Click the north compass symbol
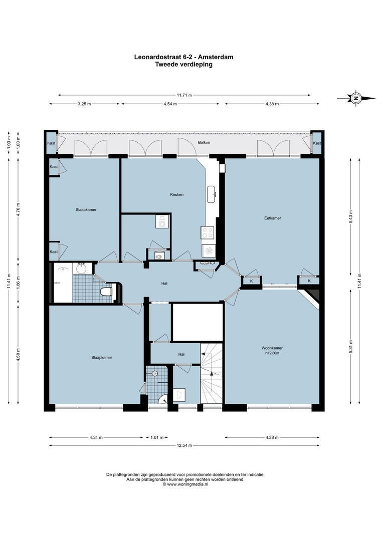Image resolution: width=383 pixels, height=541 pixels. pyautogui.click(x=356, y=98)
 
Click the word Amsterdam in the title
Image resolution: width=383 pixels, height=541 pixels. pyautogui.click(x=217, y=57)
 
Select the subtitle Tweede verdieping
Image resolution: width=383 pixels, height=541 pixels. pyautogui.click(x=183, y=64)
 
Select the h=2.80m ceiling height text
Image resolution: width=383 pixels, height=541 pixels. pyautogui.click(x=272, y=354)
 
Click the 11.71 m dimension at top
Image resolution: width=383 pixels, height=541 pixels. pyautogui.click(x=183, y=95)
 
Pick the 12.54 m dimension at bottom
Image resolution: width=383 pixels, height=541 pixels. pyautogui.click(x=183, y=445)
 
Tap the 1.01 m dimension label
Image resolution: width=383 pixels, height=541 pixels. pyautogui.click(x=157, y=437)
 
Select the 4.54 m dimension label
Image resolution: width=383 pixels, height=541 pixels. pyautogui.click(x=170, y=104)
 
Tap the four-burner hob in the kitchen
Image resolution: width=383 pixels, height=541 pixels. pyautogui.click(x=208, y=232)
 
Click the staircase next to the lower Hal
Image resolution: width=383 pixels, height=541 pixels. pyautogui.click(x=211, y=373)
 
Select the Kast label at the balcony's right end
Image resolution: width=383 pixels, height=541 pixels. pyautogui.click(x=316, y=143)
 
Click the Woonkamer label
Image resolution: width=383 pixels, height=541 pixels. pyautogui.click(x=272, y=348)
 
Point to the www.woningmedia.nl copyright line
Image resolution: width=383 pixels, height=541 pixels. pyautogui.click(x=185, y=484)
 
